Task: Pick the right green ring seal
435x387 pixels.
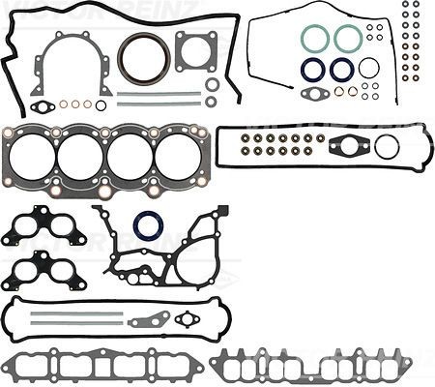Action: pos(348,38)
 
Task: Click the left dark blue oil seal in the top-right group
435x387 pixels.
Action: pos(312,69)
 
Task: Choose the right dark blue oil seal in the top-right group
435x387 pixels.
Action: pos(341,69)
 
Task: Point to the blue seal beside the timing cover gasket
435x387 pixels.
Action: pos(148,226)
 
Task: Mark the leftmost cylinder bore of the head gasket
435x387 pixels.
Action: pos(32,156)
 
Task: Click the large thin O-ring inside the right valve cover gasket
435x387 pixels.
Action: pos(387,147)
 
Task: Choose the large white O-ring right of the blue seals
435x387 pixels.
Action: pos(368,68)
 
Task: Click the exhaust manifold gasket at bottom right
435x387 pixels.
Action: pos(309,365)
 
